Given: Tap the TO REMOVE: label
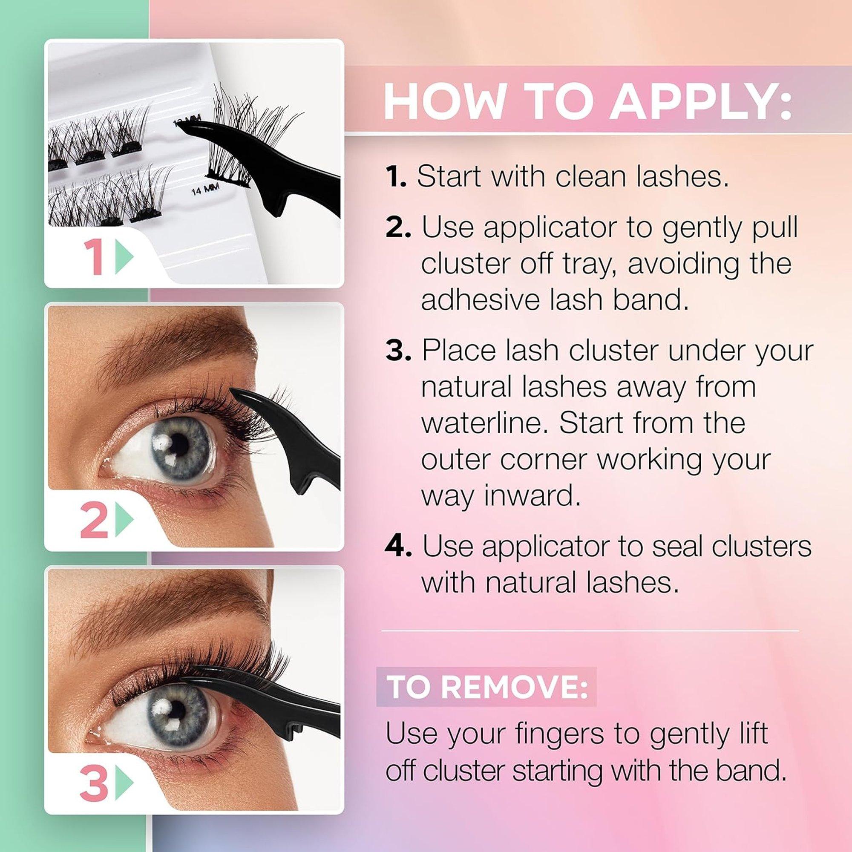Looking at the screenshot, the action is coord(486,687).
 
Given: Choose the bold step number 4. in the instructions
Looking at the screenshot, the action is coord(398,547).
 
